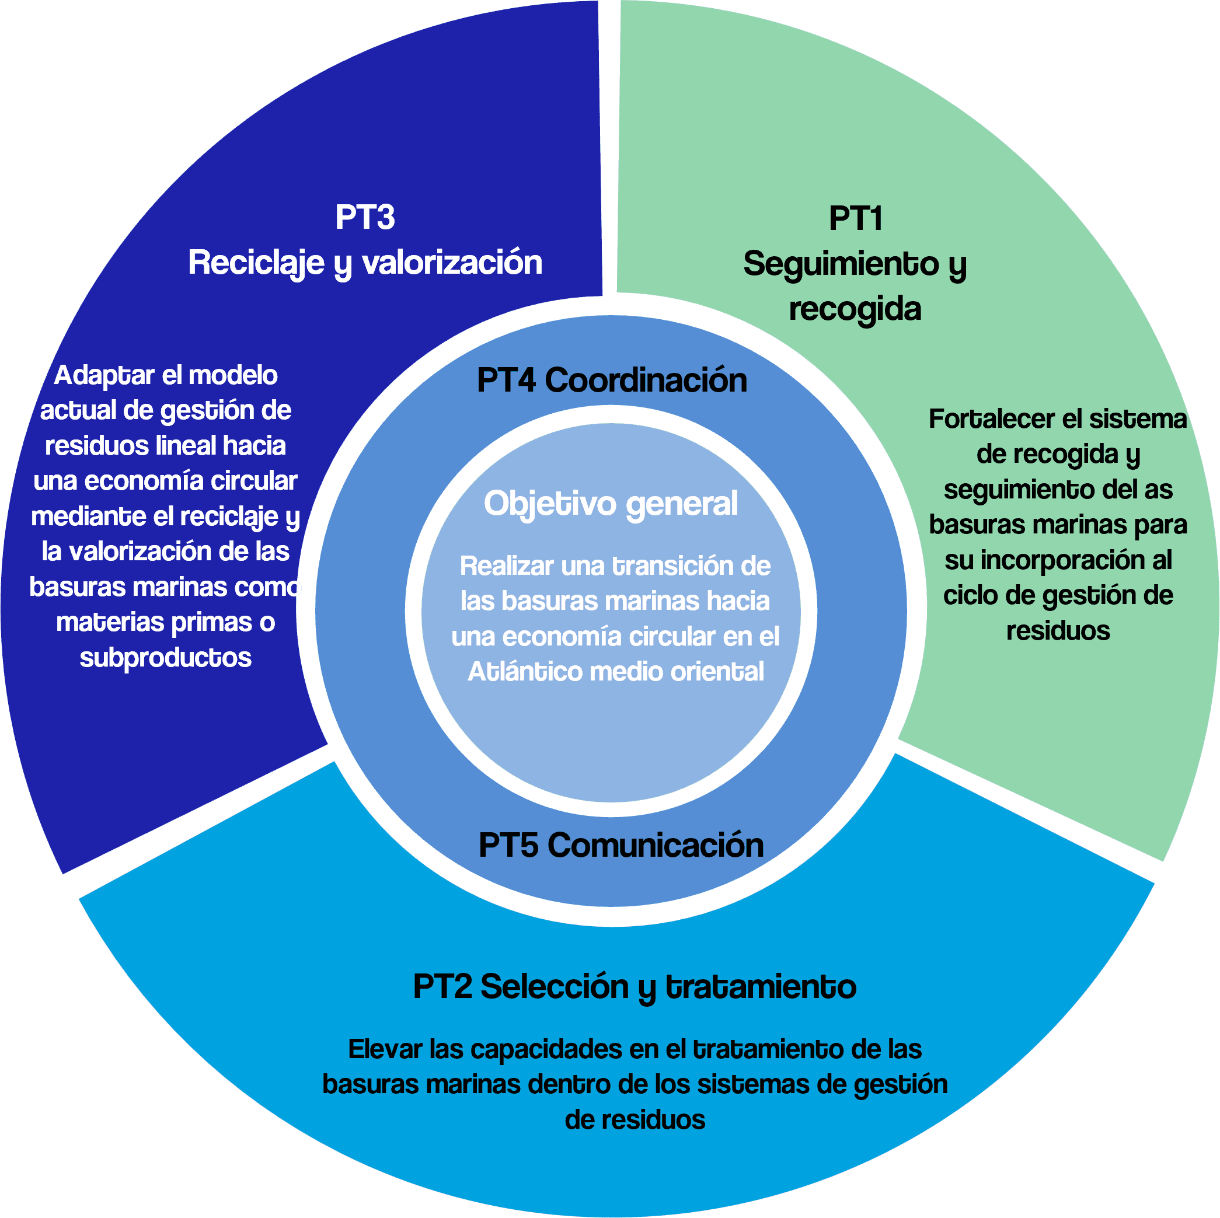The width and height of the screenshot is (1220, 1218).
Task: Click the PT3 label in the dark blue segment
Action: pyautogui.click(x=364, y=217)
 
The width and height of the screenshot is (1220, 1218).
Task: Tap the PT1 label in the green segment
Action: pyautogui.click(x=855, y=218)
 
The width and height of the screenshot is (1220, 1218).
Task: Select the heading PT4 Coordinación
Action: pyautogui.click(x=611, y=380)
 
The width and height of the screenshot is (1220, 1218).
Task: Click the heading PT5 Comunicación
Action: pyautogui.click(x=621, y=845)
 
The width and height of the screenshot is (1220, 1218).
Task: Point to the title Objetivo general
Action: pyautogui.click(x=611, y=504)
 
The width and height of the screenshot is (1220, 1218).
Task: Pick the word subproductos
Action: pyautogui.click(x=165, y=658)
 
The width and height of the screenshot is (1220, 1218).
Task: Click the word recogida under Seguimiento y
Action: pyautogui.click(x=855, y=309)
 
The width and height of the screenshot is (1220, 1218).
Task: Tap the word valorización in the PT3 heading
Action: pyautogui.click(x=452, y=263)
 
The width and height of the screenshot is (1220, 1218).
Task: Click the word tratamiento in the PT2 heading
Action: pyautogui.click(x=761, y=986)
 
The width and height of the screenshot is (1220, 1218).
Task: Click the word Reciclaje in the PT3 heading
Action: pyautogui.click(x=256, y=263)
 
